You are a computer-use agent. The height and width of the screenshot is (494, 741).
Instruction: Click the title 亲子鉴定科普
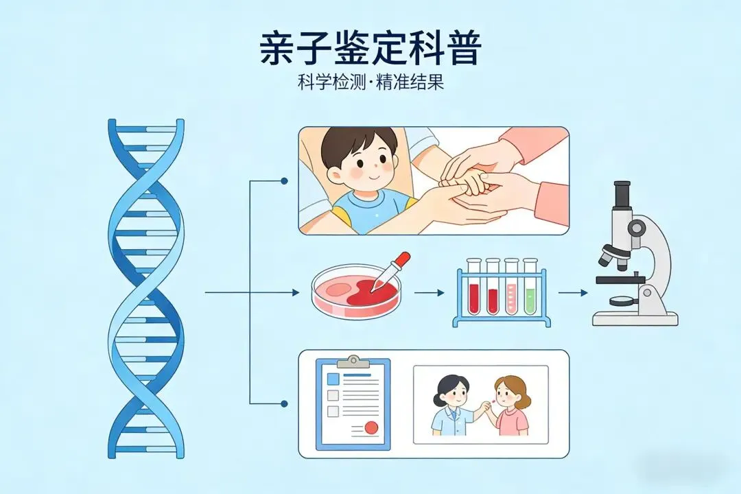pos(370,47)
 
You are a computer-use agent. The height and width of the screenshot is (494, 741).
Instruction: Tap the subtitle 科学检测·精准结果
pos(370,83)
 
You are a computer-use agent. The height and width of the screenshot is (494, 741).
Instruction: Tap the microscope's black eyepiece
pos(622,194)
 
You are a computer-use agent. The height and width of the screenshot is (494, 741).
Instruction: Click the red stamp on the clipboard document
pos(371,428)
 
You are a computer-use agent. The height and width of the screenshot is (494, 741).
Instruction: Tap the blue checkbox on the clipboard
pos(333,379)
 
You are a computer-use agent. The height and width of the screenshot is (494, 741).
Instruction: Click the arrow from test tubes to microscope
pos(573,293)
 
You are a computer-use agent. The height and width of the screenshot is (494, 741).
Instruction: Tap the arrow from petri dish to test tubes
pos(430,293)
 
